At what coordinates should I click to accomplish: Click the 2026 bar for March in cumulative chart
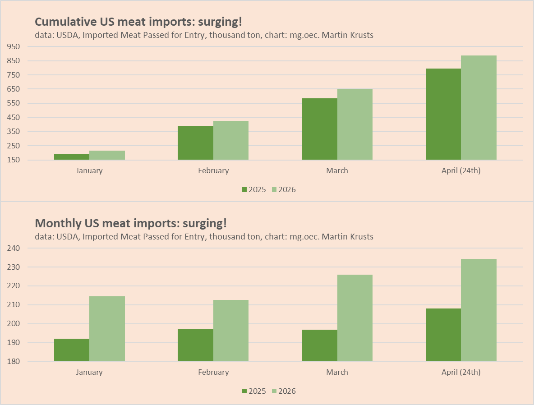[355, 124]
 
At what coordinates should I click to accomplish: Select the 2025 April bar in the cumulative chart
[443, 114]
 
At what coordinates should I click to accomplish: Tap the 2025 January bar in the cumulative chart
[72, 156]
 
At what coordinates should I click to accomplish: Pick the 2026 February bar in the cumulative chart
[231, 140]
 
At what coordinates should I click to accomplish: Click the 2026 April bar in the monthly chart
[479, 310]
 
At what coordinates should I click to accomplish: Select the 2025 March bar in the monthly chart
[319, 345]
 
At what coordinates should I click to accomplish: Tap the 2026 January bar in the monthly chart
[107, 328]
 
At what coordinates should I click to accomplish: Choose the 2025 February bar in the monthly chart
[195, 345]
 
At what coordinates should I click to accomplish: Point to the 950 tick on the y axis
[14, 46]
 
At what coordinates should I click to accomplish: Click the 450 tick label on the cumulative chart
[14, 117]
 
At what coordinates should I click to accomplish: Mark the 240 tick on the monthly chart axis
[14, 248]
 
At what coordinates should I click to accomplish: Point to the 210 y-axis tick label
[14, 305]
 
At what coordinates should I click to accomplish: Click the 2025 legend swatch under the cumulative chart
[244, 189]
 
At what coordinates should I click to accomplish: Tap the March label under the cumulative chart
[337, 170]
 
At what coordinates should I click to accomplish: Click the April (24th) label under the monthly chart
[461, 372]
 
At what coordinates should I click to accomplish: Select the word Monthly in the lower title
[58, 223]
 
